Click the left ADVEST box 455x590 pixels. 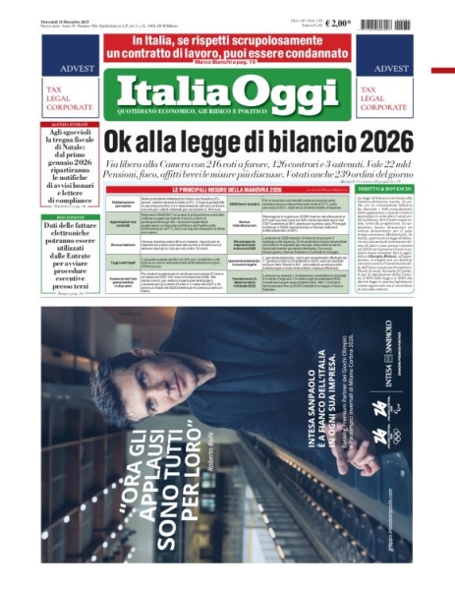64,68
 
